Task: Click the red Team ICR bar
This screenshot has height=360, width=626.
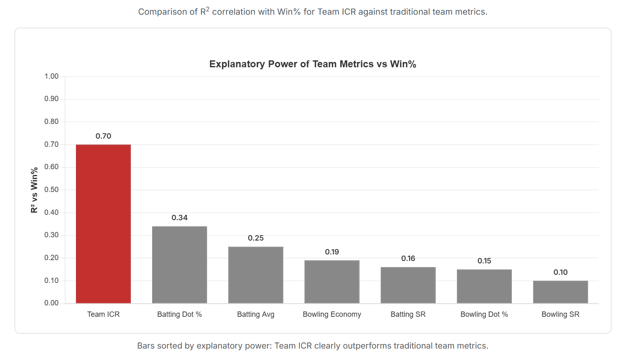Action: tap(104, 224)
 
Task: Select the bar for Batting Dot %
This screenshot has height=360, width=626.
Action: tap(179, 265)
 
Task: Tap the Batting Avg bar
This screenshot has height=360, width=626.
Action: tap(256, 275)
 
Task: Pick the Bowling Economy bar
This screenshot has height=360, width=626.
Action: tap(332, 282)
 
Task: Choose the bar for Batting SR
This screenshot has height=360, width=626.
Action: tap(408, 285)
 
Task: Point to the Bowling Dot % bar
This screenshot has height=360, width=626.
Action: tap(484, 286)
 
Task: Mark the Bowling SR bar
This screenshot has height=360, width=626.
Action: tap(561, 292)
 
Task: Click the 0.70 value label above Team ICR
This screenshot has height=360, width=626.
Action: tap(104, 136)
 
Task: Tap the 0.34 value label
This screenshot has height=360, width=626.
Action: tap(179, 218)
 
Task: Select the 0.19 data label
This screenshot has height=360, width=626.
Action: tap(332, 252)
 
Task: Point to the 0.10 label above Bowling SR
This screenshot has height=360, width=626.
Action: tap(561, 272)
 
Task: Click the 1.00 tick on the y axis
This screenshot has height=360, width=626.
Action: tap(51, 76)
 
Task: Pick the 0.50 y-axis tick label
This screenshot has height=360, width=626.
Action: tap(51, 190)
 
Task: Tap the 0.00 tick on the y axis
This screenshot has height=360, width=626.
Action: tap(51, 303)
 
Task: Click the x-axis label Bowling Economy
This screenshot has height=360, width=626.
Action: tap(332, 314)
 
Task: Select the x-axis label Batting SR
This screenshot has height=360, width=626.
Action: tap(408, 314)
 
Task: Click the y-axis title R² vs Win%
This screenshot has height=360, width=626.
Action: tap(34, 190)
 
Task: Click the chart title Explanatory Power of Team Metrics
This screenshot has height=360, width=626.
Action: tap(291, 64)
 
